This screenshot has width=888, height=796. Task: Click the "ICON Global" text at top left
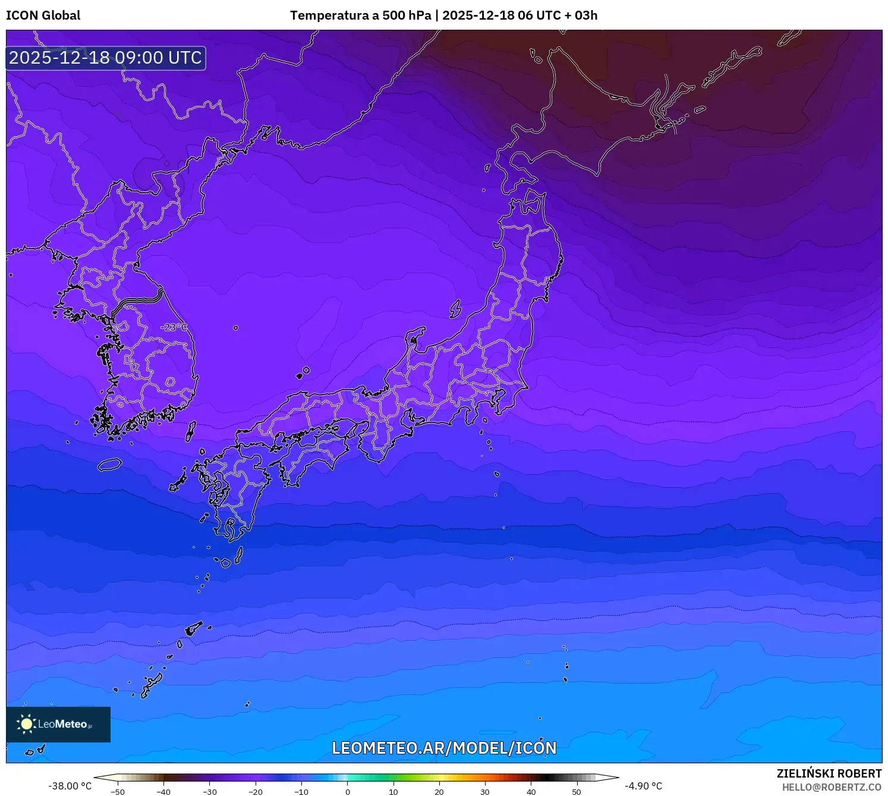point(43,15)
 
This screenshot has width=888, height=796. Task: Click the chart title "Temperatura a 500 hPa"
point(360,15)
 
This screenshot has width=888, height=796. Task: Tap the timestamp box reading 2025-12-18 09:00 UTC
point(106,58)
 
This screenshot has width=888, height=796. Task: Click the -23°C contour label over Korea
point(174,327)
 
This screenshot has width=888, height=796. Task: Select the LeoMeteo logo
point(58,724)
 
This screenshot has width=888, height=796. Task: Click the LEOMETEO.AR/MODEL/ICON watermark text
point(444,748)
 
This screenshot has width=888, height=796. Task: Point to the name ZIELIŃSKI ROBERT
point(829,773)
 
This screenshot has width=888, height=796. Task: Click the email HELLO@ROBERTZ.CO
point(832,787)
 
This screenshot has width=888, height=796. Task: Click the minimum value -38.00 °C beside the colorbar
point(70,786)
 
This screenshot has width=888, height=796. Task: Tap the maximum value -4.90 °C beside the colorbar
point(643,786)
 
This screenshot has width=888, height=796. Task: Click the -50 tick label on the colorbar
point(118,792)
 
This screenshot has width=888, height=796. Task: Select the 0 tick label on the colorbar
point(348,792)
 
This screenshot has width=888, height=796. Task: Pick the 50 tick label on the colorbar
point(577,792)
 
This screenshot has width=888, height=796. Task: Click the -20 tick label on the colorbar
point(256,792)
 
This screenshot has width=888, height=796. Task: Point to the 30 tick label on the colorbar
point(485,792)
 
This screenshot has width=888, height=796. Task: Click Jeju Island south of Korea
point(109,465)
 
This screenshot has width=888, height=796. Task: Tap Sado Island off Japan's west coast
point(455,309)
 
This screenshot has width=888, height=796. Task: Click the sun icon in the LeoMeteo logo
point(26,724)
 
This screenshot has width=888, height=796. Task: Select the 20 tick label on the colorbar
point(439,792)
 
